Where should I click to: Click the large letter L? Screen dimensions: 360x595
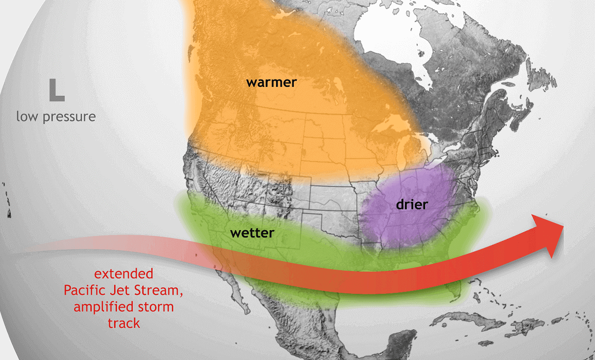click(x=56, y=90)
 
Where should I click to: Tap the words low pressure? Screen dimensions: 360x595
click(x=56, y=117)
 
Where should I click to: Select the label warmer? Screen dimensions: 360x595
click(x=272, y=82)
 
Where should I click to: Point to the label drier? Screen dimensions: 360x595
click(x=412, y=204)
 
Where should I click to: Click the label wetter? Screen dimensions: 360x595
click(x=252, y=232)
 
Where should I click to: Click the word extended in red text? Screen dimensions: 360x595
click(x=123, y=274)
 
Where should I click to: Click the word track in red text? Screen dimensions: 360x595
click(x=123, y=323)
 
